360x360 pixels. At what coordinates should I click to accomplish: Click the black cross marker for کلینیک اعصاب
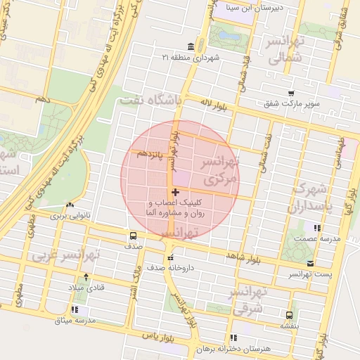pos(174,192)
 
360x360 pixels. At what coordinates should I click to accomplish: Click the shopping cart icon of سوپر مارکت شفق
pos(291,93)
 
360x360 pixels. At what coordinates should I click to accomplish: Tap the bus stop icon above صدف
pos(134,236)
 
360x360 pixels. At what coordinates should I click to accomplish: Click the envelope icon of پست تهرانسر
pos(310,263)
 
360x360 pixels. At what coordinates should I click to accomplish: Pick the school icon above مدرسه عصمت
pos(318,228)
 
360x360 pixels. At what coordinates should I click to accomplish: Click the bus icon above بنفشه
pos(289,315)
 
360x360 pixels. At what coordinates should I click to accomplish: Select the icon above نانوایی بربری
pos(70,205)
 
